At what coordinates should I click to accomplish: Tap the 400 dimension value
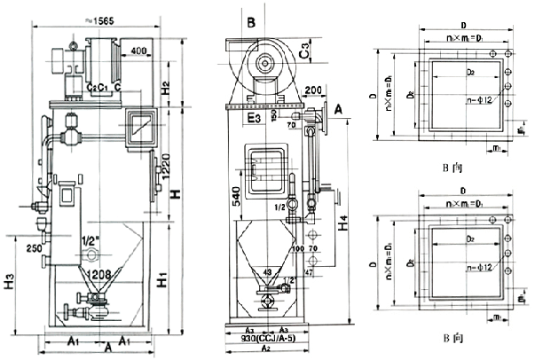(x=138, y=51)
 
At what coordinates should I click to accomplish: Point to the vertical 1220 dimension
(x=166, y=165)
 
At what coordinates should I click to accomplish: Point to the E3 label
(x=255, y=116)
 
